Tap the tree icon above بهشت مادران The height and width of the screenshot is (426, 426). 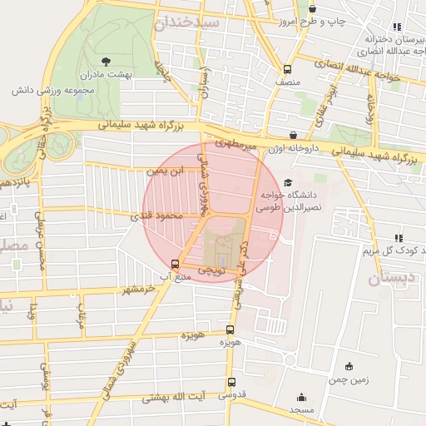(x=106, y=61)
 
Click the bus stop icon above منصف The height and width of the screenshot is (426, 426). (x=287, y=70)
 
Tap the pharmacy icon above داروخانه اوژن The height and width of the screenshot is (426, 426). (x=293, y=135)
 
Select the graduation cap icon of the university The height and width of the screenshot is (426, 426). (x=288, y=183)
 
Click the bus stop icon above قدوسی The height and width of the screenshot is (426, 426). (x=230, y=382)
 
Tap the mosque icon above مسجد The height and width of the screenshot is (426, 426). (x=301, y=398)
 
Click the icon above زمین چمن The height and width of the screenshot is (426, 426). (x=349, y=366)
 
